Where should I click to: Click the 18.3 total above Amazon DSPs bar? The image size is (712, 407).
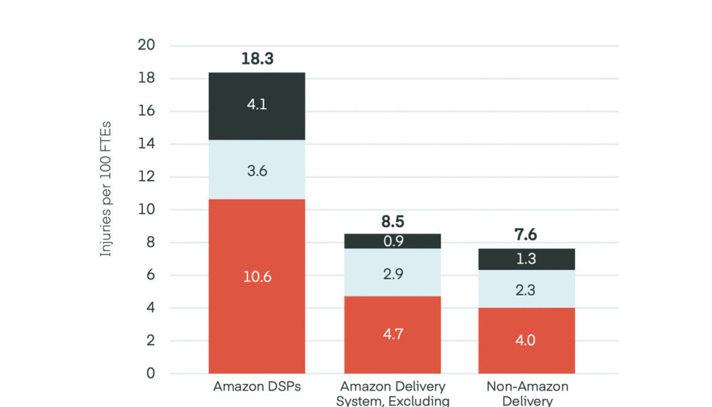[x=257, y=59]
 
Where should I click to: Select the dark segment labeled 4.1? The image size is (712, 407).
[x=257, y=106]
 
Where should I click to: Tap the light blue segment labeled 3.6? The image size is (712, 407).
[x=257, y=170]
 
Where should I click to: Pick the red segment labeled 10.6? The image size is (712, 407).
[x=257, y=276]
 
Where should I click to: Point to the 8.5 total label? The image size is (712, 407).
[x=393, y=221]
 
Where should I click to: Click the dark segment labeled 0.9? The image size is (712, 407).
[x=393, y=241]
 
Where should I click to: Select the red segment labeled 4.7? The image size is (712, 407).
[x=393, y=334]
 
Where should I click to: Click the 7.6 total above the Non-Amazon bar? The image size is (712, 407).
[x=527, y=235]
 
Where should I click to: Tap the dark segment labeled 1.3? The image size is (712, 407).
[x=527, y=259]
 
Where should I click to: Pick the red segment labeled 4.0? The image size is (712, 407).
[x=527, y=340]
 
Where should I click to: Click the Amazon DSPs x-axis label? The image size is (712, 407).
[x=257, y=387]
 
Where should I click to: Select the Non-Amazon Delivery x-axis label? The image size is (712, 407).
[x=527, y=393]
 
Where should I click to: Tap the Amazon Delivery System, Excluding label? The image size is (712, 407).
[x=393, y=393]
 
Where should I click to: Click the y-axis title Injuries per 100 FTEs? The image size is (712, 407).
[x=106, y=189]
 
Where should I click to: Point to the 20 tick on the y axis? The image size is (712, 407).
[x=147, y=45]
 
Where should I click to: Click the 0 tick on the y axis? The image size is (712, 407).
[x=151, y=374]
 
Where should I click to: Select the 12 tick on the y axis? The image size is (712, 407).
[x=147, y=177]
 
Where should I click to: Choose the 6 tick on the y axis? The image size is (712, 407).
[x=151, y=275]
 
